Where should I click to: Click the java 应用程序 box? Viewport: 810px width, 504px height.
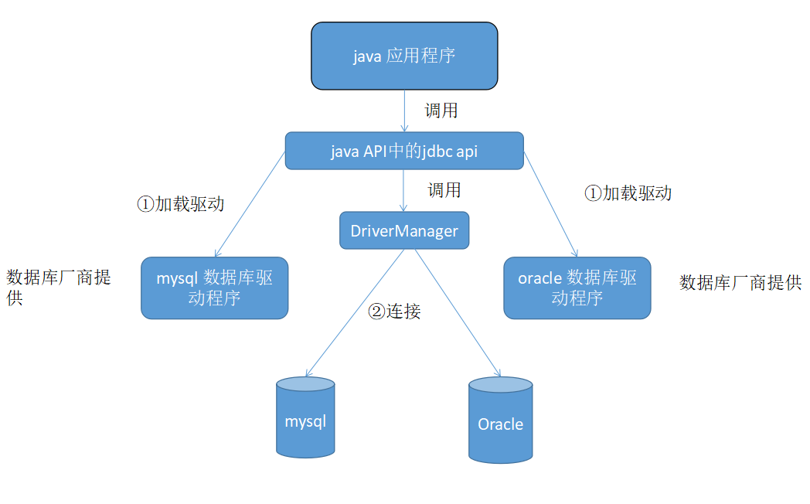(404, 56)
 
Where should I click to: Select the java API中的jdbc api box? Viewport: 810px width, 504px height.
(404, 151)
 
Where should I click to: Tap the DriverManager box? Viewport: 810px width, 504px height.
(404, 230)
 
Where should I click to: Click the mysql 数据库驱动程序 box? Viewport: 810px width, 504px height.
(214, 288)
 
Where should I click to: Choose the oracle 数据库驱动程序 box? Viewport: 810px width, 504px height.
(577, 288)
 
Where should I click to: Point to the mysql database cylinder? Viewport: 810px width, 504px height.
(306, 417)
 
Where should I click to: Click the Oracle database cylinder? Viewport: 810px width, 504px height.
(500, 421)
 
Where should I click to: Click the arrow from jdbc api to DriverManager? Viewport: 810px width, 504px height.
(403, 190)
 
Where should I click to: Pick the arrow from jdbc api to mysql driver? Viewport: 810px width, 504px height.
(250, 205)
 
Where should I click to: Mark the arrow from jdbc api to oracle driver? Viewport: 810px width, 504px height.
(551, 205)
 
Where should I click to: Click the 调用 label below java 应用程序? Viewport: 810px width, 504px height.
(441, 111)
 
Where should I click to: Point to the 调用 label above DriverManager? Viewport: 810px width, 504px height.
(444, 190)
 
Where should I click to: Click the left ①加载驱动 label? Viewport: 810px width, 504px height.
(180, 204)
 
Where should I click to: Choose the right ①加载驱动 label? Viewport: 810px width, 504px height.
(628, 193)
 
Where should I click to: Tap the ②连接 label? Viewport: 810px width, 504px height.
(394, 312)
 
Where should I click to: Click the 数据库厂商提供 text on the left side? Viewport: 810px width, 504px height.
(58, 288)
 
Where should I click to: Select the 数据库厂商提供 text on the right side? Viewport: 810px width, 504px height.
(740, 283)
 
